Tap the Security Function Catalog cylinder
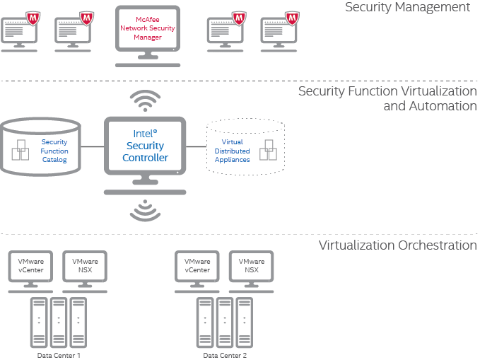40,147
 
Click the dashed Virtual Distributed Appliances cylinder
245,147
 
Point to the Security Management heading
407,7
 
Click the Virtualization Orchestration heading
397,245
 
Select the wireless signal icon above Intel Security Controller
145,100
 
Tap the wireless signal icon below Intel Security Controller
145,210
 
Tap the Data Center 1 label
59,355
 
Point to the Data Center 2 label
225,355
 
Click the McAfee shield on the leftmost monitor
33,16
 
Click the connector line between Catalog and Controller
91,147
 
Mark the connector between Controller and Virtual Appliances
196,147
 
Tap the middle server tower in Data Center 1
59,323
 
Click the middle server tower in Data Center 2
225,323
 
